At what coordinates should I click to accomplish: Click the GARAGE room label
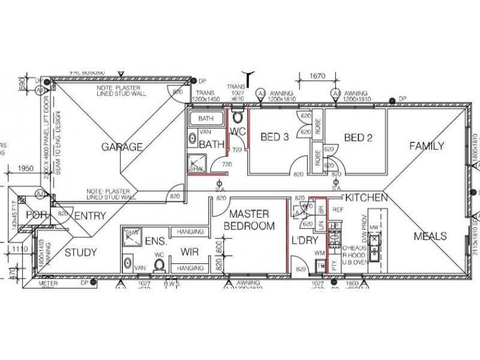tap(122, 147)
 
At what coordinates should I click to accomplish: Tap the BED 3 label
tap(275, 137)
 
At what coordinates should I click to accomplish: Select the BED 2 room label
tap(358, 137)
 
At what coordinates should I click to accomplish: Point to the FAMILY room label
tap(427, 146)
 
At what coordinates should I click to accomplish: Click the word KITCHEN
tap(365, 197)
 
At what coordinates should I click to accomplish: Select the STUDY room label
tap(80, 253)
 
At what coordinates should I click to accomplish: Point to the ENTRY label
tap(91, 215)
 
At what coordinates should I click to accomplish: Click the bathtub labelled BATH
tap(206, 118)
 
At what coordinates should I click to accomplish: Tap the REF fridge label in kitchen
tap(337, 210)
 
